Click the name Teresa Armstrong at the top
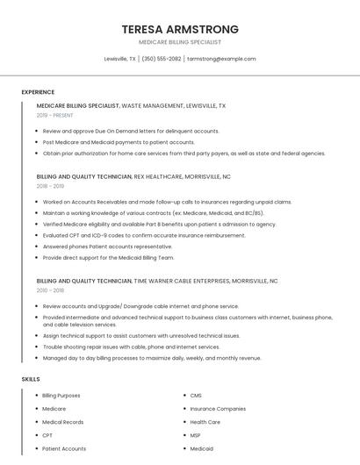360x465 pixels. click(x=180, y=29)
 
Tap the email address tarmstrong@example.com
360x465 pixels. click(x=221, y=59)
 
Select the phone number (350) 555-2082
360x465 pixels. click(x=162, y=59)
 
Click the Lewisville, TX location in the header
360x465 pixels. click(x=119, y=59)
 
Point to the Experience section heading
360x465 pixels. click(x=38, y=92)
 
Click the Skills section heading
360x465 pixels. click(x=31, y=379)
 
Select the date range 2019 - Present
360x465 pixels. click(x=55, y=115)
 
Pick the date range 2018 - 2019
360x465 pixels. click(x=50, y=186)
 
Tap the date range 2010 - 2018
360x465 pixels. click(x=50, y=290)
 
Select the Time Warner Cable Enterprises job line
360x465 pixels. click(x=157, y=281)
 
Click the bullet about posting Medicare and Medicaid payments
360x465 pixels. click(x=119, y=142)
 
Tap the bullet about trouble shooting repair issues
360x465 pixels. click(x=131, y=347)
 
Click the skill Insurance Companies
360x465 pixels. click(x=218, y=409)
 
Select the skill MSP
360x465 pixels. click(x=196, y=435)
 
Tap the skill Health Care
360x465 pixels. click(x=205, y=422)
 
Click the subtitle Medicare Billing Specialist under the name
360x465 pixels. click(x=180, y=42)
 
